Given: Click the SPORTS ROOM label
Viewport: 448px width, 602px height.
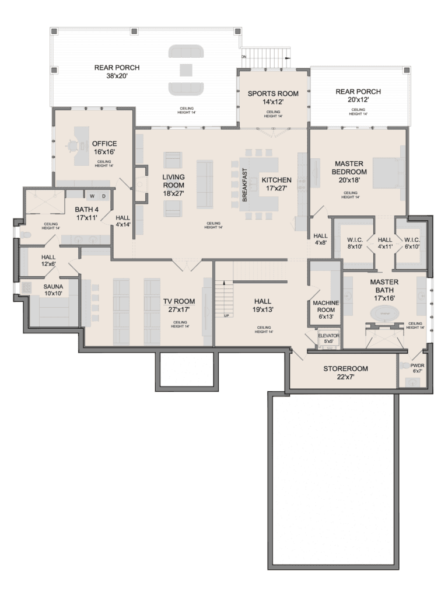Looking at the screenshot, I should [x=272, y=93].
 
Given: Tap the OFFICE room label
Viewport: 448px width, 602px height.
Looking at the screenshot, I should [x=104, y=144].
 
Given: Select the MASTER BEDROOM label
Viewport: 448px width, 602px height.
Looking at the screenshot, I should [x=349, y=168].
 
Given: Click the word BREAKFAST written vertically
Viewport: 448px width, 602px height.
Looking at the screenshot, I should [x=245, y=185].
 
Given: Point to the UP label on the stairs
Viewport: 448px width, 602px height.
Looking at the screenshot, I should [x=226, y=315].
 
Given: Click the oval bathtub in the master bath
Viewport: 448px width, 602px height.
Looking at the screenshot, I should [x=384, y=312].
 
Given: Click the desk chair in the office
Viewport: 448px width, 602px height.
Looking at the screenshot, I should [x=73, y=144].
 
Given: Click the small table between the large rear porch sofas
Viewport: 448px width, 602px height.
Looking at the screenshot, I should [x=186, y=70].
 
